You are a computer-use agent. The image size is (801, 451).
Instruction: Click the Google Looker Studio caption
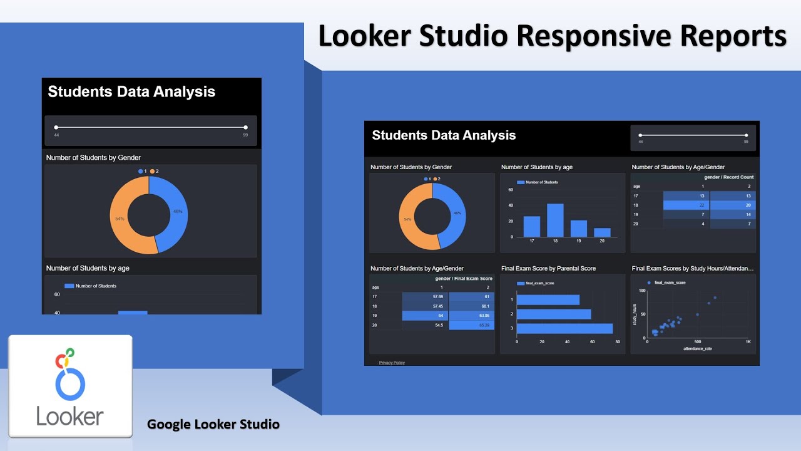pyautogui.click(x=213, y=424)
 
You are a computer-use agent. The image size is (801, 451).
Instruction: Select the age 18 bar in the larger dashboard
pyautogui.click(x=555, y=220)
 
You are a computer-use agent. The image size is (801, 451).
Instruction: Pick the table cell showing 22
pyautogui.click(x=686, y=205)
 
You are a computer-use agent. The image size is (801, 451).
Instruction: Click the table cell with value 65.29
pyautogui.click(x=472, y=326)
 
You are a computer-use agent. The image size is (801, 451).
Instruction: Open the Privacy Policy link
pyautogui.click(x=392, y=363)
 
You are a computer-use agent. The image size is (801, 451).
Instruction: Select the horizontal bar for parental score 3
pyautogui.click(x=564, y=328)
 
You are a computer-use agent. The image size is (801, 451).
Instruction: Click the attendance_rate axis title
pyautogui.click(x=697, y=348)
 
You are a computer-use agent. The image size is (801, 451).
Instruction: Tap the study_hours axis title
pyautogui.click(x=635, y=315)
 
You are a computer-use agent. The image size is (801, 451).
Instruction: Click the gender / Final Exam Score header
pyautogui.click(x=464, y=278)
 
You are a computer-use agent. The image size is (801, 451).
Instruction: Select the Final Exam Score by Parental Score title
pyautogui.click(x=548, y=268)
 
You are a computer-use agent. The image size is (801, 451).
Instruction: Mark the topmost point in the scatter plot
pyautogui.click(x=715, y=298)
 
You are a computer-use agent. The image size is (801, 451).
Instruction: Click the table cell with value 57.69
pyautogui.click(x=425, y=297)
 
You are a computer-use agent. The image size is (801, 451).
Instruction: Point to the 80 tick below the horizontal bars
pyautogui.click(x=617, y=343)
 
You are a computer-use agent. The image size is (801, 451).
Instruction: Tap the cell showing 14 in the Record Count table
pyautogui.click(x=732, y=214)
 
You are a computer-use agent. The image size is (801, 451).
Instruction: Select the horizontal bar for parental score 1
pyautogui.click(x=548, y=300)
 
